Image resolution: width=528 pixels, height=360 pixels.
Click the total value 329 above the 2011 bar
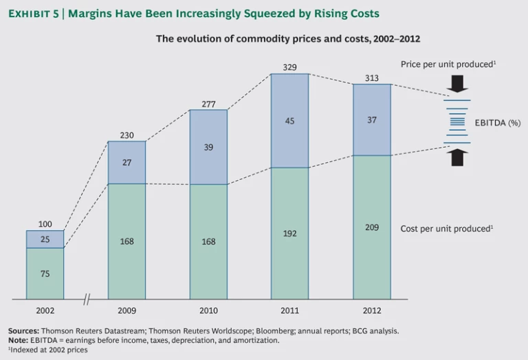[x=290, y=67]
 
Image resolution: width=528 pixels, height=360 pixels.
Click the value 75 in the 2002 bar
[x=45, y=273]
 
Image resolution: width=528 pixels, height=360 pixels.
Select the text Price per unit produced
[x=448, y=64]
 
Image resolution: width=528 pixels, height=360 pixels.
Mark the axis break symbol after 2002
[x=87, y=300]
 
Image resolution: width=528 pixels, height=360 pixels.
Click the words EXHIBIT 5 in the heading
[x=32, y=14]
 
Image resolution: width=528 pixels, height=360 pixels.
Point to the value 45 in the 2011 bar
[x=290, y=122]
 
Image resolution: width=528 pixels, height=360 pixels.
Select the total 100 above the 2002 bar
[x=45, y=225]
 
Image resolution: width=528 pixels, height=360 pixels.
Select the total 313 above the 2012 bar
[x=372, y=78]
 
